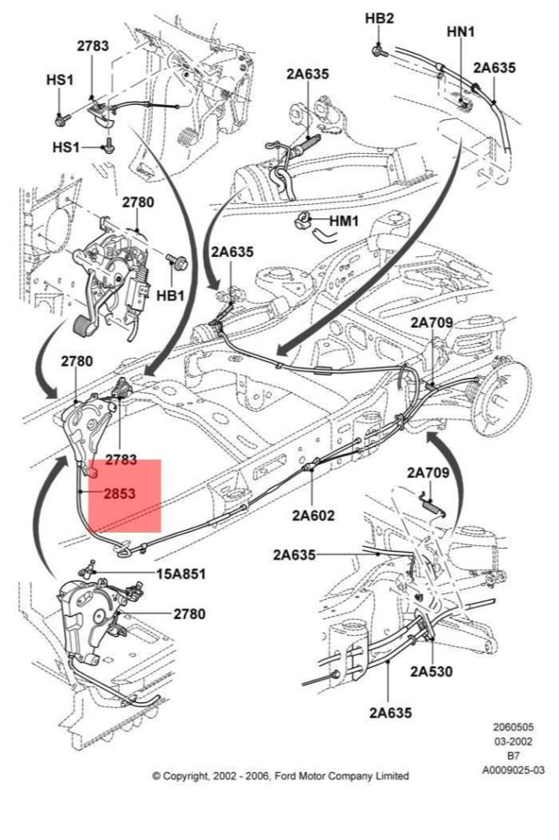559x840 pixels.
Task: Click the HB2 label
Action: click(x=379, y=18)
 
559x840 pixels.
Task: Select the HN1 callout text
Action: click(x=461, y=31)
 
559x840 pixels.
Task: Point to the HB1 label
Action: click(x=170, y=296)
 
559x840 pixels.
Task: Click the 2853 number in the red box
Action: click(x=119, y=495)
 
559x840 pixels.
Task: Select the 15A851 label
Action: click(x=180, y=575)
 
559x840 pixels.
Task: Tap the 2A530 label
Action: click(x=432, y=671)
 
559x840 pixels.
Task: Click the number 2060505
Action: click(x=513, y=727)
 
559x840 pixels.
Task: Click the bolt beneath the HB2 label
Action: click(x=380, y=50)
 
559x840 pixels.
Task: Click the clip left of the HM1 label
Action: click(x=301, y=222)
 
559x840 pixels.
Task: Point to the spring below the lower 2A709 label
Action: click(x=435, y=506)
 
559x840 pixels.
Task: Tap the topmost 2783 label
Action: click(x=92, y=46)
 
